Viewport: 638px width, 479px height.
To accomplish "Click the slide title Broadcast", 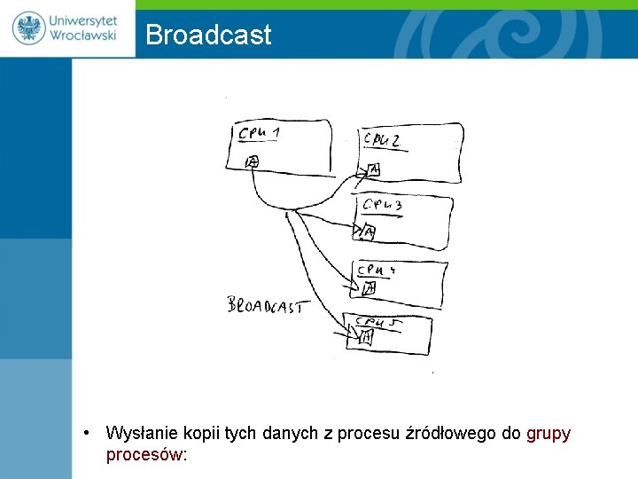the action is pos(208,35).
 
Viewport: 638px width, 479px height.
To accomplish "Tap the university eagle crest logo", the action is pos(29,27).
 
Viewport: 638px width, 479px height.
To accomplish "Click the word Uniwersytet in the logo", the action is pos(83,20).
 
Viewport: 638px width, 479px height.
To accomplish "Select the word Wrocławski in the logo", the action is pos(83,37).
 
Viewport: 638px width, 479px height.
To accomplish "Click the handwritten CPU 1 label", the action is pos(260,134).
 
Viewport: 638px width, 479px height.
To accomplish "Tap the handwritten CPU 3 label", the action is pos(383,206).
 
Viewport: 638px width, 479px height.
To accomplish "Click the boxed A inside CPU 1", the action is pos(252,161).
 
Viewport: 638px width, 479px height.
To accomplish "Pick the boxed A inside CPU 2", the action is pos(373,169).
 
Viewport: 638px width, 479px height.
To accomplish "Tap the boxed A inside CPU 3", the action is pos(369,232).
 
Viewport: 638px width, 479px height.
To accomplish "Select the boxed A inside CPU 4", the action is pos(369,287).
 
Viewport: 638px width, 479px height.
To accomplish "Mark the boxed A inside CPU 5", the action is pos(365,336).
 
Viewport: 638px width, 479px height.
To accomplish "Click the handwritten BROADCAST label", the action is pos(265,306).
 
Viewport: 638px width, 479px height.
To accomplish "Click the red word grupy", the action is pos(549,434).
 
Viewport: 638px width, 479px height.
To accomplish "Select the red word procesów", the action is pos(144,454).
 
